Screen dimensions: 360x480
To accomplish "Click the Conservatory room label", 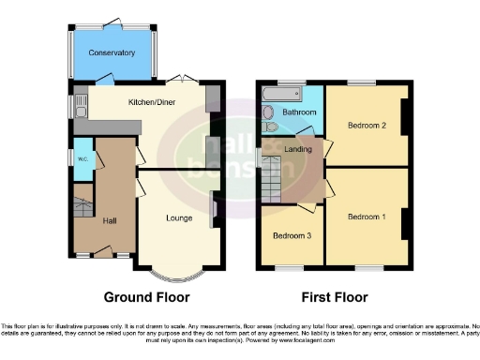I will [112, 53].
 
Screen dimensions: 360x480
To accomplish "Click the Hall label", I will [110, 220].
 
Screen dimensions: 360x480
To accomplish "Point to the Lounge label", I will [178, 218].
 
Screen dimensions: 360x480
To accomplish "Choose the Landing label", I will [299, 149].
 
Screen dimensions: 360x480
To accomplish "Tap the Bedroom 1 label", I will [367, 217].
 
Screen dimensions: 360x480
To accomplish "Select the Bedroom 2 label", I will [367, 124].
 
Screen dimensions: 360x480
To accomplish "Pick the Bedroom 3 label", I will [292, 235].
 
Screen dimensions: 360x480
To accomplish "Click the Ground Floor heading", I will [146, 297].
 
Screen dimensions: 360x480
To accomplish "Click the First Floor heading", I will [334, 297].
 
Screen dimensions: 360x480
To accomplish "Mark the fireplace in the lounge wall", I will [215, 209].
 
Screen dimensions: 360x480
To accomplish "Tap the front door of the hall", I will [103, 254].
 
